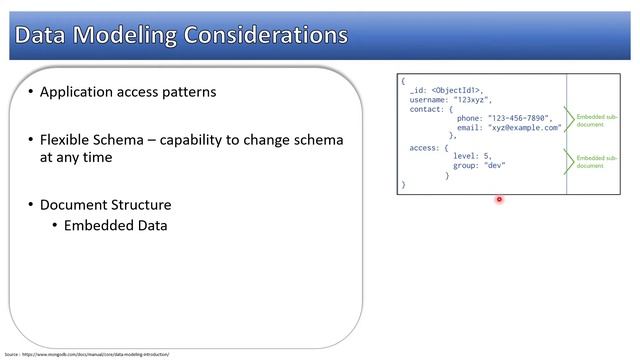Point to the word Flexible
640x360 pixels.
pyautogui.click(x=67, y=140)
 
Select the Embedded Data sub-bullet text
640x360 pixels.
pyautogui.click(x=115, y=225)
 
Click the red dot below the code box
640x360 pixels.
pyautogui.click(x=499, y=199)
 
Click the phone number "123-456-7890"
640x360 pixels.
pyautogui.click(x=520, y=118)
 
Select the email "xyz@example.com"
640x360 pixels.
pyautogui.click(x=524, y=128)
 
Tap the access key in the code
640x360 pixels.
pyautogui.click(x=424, y=147)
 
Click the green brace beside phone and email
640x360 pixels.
pyautogui.click(x=570, y=122)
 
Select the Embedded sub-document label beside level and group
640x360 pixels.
pyautogui.click(x=597, y=161)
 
